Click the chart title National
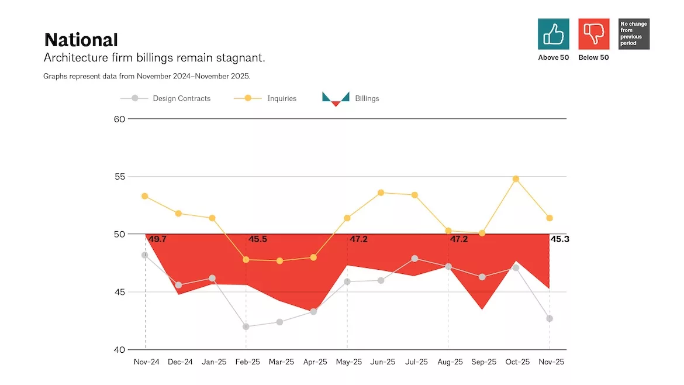coord(81,40)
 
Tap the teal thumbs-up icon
coord(553,34)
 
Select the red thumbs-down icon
coord(594,34)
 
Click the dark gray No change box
coord(634,34)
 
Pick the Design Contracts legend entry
coord(165,98)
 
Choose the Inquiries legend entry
coord(265,98)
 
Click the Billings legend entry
coord(351,99)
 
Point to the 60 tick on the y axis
coord(119,119)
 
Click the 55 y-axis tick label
coord(119,177)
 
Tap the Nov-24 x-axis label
coord(146,362)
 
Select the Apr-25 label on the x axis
coord(315,362)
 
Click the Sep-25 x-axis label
coord(484,362)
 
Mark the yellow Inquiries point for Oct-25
coord(516,179)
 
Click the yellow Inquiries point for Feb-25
coord(246,260)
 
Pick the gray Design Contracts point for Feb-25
coord(246,326)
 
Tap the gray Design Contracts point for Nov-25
coord(550,319)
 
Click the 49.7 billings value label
coord(157,239)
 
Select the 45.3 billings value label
coord(559,239)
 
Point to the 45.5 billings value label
coord(258,239)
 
